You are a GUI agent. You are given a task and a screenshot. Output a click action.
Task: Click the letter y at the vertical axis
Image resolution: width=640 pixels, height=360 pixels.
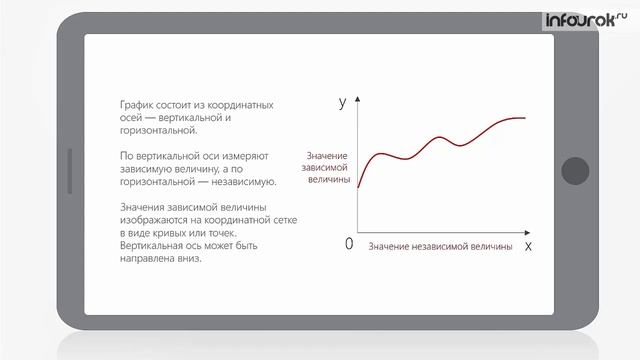click(x=343, y=102)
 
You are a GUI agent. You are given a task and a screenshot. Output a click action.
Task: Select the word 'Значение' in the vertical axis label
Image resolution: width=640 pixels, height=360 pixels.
click(x=328, y=157)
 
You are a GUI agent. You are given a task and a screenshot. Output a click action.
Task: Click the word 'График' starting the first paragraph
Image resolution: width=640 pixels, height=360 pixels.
click(x=135, y=105)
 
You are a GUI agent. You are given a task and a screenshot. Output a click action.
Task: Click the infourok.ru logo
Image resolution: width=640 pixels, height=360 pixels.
click(x=584, y=19)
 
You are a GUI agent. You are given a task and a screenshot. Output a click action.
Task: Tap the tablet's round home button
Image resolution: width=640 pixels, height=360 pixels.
click(x=575, y=171)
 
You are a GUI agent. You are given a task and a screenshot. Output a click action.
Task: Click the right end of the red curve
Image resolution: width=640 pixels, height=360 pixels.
click(x=524, y=118)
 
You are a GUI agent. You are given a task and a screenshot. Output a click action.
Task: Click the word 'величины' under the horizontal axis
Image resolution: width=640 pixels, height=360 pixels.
click(x=490, y=246)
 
